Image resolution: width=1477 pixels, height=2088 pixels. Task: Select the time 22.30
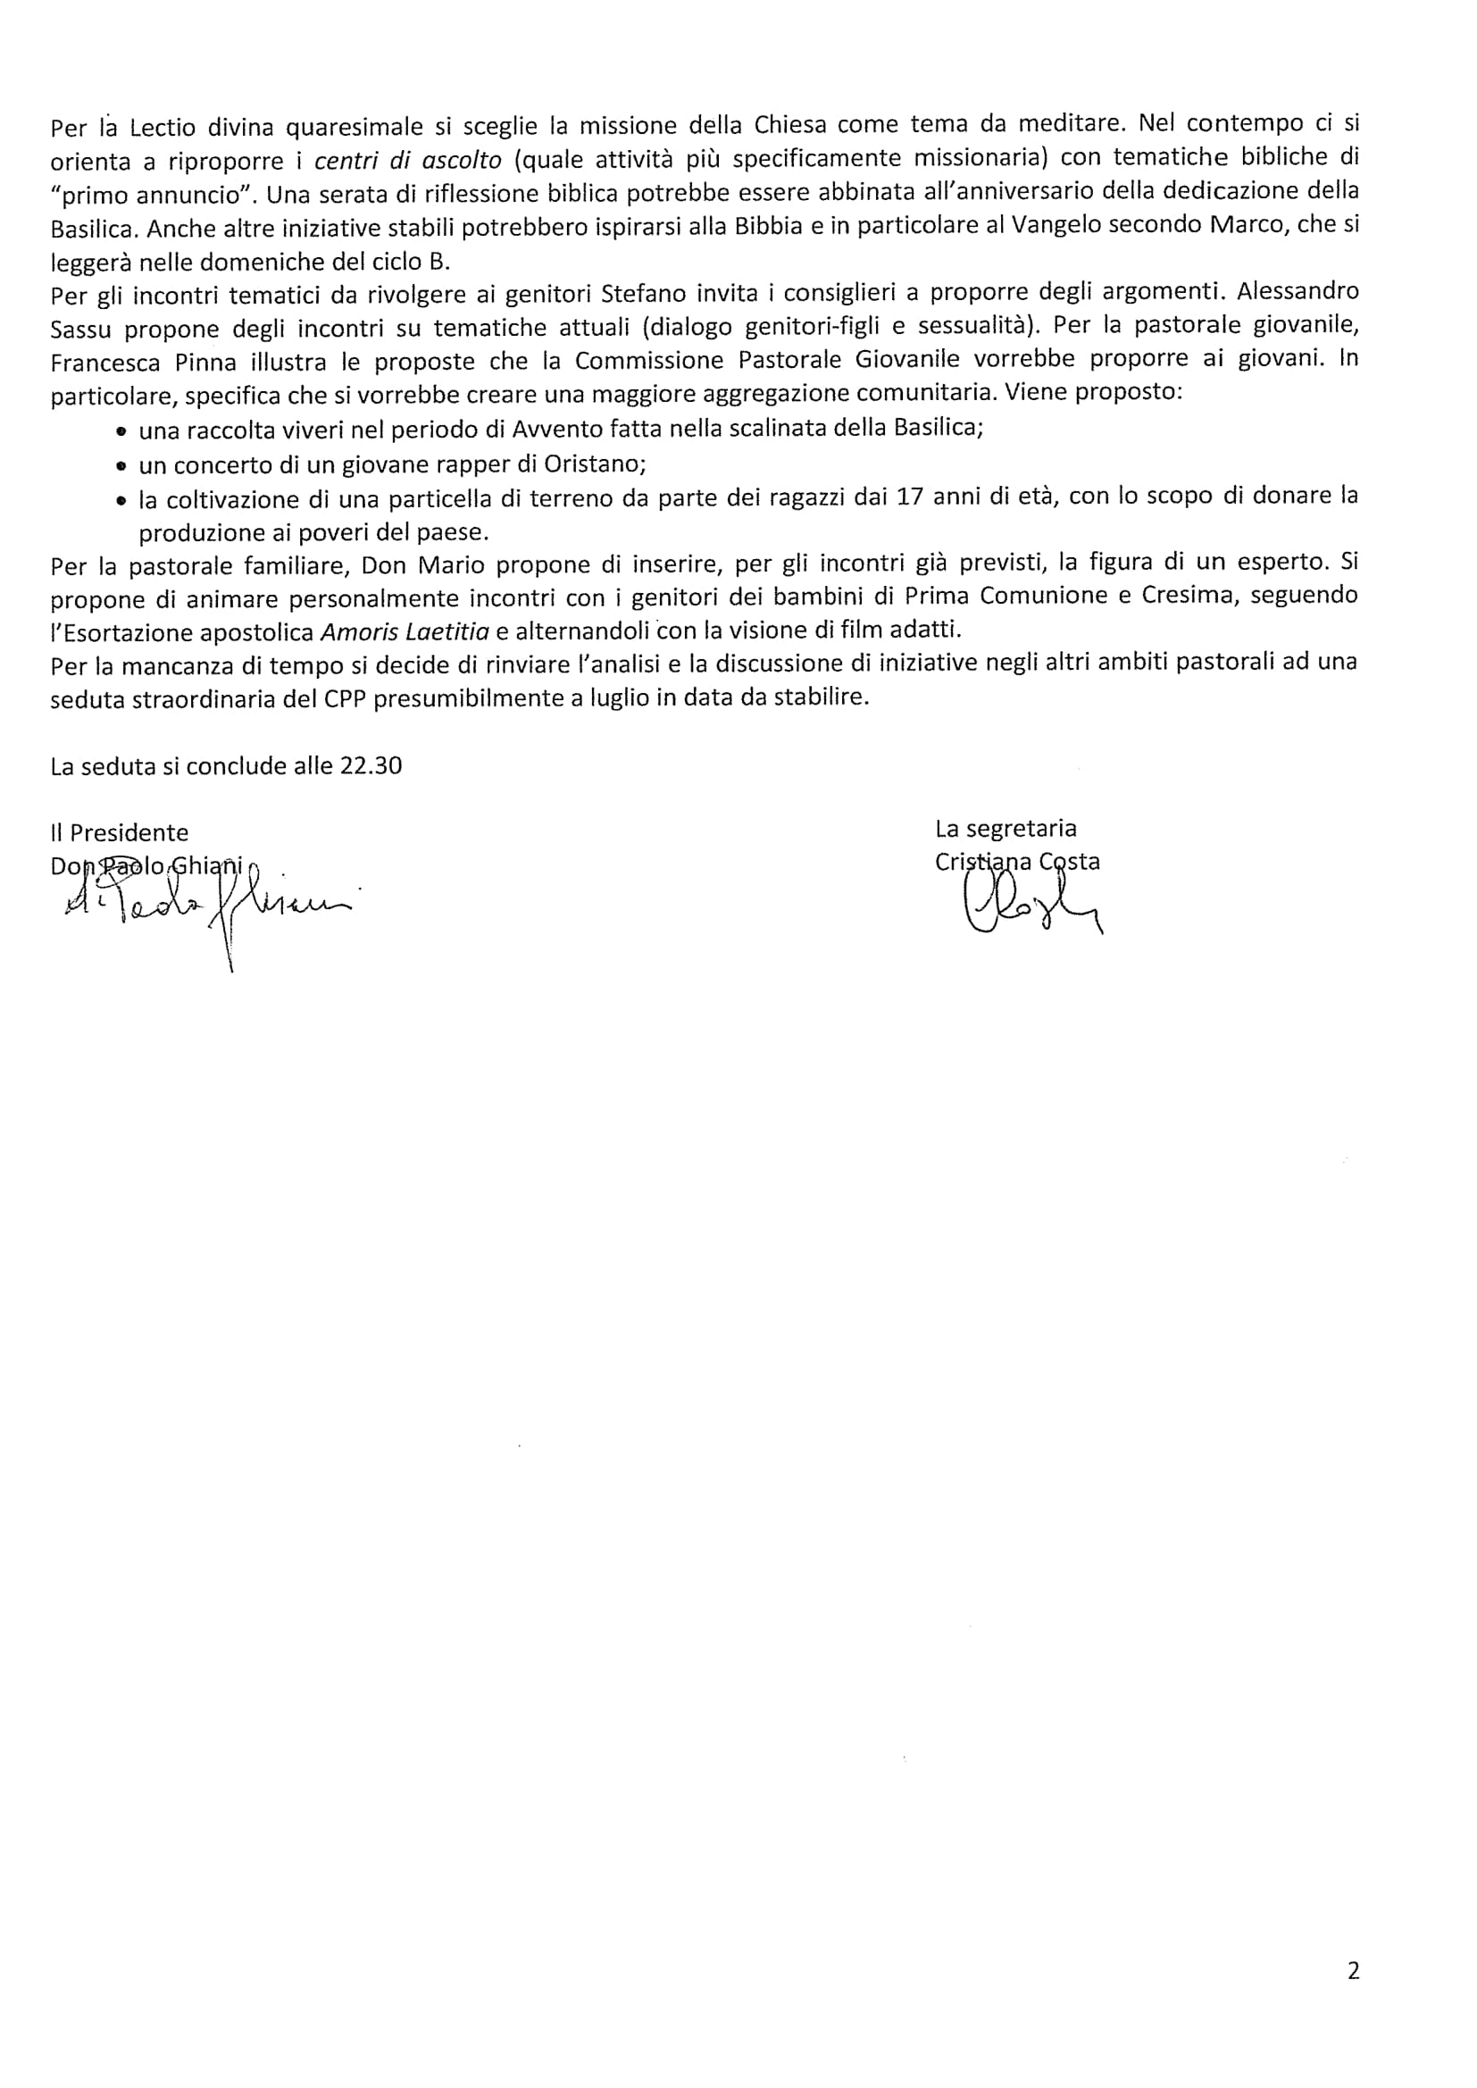(371, 765)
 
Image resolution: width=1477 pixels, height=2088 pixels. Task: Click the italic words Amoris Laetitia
(405, 631)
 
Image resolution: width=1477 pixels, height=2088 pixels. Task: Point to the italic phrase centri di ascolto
(407, 160)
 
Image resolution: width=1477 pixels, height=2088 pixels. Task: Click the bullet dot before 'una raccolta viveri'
(121, 430)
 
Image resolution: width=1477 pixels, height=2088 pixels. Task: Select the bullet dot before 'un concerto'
(121, 465)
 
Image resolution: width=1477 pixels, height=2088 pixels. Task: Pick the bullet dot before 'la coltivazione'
(121, 500)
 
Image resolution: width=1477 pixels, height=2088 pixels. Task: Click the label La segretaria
(1006, 829)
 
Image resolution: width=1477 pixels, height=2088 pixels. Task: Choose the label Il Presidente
(119, 832)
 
